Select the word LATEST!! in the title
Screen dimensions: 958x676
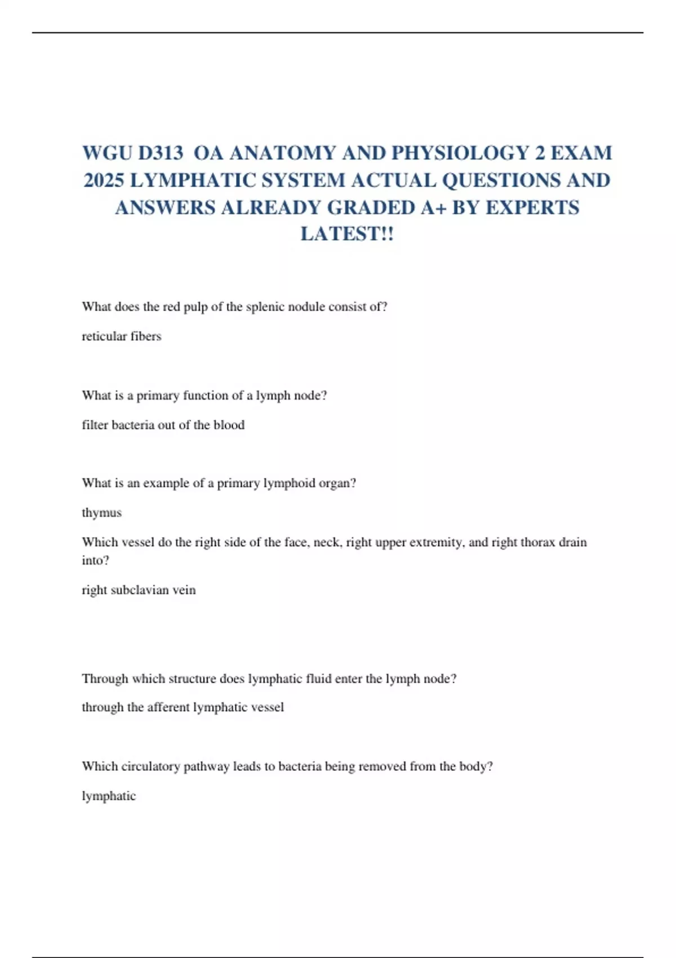347,234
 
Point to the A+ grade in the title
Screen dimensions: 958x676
433,207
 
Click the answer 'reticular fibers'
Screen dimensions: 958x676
122,336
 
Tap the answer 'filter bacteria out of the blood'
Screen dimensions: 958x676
163,425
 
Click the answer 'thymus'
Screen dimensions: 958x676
102,513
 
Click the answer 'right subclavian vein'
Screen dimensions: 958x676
139,590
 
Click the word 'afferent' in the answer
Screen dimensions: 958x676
168,707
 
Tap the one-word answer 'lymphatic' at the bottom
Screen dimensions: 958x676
109,796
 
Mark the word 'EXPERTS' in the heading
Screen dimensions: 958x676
532,207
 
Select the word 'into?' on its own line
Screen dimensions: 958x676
96,560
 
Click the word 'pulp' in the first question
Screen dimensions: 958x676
195,307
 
